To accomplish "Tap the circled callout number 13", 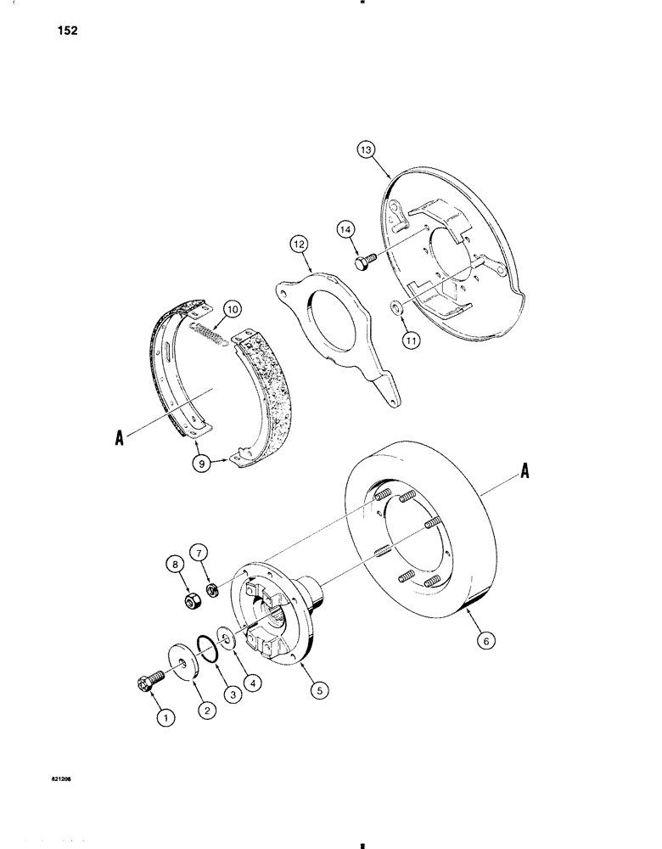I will pos(366,152).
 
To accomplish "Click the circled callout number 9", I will pos(199,463).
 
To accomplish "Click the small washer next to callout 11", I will pos(396,306).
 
